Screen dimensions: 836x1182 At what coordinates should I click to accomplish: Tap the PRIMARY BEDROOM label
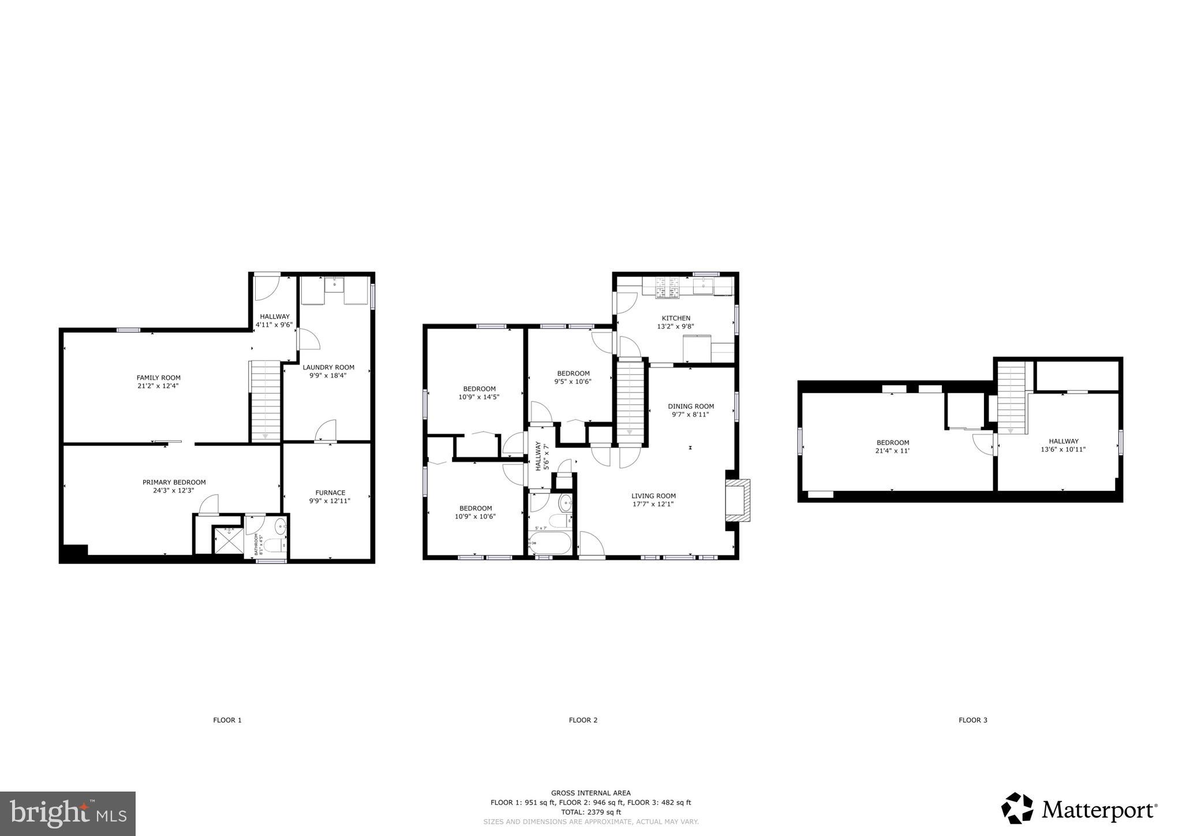[174, 482]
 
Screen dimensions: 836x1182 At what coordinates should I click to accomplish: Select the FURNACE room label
[330, 492]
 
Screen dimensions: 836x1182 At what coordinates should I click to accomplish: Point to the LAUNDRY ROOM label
[328, 367]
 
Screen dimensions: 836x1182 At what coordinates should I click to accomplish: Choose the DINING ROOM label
[691, 406]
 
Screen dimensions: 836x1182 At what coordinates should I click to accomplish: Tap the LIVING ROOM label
[653, 495]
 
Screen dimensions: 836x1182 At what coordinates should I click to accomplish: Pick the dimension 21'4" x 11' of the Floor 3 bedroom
[892, 451]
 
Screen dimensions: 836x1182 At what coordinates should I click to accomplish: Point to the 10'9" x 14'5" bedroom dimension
[478, 397]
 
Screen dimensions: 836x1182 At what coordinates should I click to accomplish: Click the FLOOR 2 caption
[583, 720]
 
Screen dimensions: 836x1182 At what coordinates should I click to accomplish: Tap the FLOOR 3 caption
[972, 720]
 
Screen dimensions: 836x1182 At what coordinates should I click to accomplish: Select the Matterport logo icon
[1017, 808]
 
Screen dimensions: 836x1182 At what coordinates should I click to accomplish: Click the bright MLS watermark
[68, 813]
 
